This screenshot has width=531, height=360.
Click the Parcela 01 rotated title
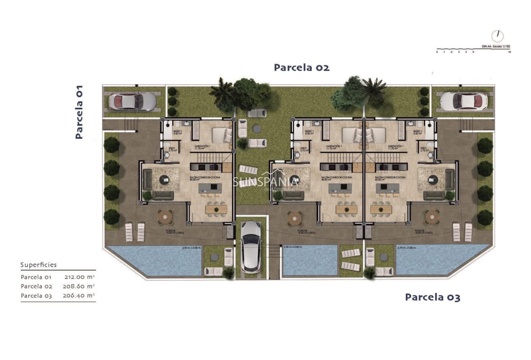tap(79, 112)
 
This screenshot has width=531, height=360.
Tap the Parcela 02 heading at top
tap(302, 68)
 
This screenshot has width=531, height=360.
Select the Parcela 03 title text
tap(432, 297)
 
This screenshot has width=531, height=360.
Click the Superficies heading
tap(39, 265)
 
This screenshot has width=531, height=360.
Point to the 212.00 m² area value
tap(79, 277)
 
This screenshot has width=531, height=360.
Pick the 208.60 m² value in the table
tap(79, 286)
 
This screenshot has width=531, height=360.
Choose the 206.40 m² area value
tap(79, 296)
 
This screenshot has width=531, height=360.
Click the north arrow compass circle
tap(498, 36)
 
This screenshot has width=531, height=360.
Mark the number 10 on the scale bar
tap(509, 52)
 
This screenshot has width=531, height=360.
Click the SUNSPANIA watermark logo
tap(265, 182)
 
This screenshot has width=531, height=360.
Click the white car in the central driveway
tap(251, 246)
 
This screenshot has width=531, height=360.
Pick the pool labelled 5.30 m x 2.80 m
tap(310, 261)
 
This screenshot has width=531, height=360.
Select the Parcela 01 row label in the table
tap(36, 277)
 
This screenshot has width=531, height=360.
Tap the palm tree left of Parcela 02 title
tap(222, 93)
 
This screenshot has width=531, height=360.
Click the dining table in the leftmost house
tap(216, 209)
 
